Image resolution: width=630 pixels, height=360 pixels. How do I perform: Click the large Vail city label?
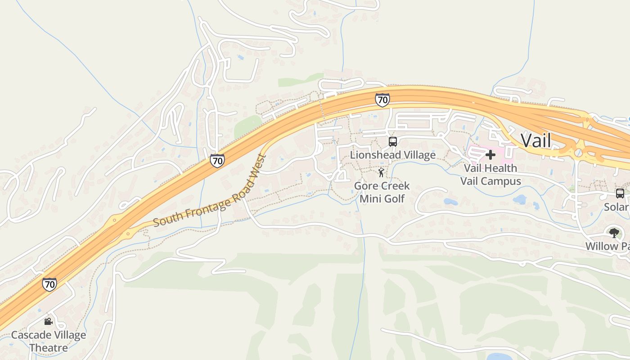coord(535,141)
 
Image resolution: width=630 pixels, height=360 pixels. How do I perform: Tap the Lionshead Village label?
coord(393,155)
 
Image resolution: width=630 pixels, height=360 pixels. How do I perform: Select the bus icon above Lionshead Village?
coord(393,142)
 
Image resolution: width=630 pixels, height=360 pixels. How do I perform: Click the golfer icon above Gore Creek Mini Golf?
coord(382,172)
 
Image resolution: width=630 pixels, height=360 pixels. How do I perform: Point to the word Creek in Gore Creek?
coord(394,186)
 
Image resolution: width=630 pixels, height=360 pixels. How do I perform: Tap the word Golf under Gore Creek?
coord(395,198)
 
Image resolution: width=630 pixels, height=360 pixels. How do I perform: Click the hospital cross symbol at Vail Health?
coord(490,155)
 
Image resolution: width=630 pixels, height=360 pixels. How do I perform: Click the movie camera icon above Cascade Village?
coord(48,321)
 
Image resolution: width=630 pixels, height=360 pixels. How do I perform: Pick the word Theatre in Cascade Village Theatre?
coord(48,348)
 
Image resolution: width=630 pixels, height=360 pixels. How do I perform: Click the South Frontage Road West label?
coord(210,191)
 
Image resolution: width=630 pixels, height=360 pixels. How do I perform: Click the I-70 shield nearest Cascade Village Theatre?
coord(49,284)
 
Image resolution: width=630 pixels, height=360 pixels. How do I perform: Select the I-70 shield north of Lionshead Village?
coord(382,100)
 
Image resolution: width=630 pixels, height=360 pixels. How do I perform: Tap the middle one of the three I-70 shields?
coord(217,161)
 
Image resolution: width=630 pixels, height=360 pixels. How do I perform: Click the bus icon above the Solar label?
coord(620,193)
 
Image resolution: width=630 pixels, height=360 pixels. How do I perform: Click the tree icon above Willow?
coord(614,233)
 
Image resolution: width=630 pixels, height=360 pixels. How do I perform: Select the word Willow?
coord(602,246)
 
